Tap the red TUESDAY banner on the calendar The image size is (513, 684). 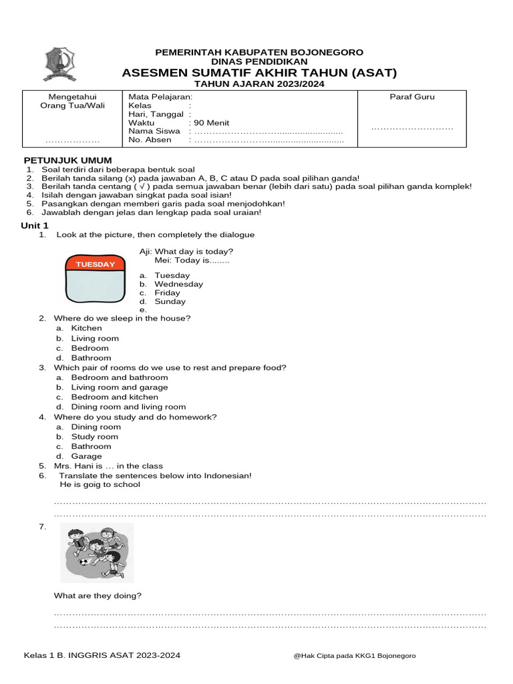click(95, 265)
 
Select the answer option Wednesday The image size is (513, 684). click(178, 284)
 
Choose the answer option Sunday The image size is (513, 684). click(170, 301)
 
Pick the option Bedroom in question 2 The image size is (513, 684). click(90, 348)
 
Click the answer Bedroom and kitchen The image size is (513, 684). click(114, 397)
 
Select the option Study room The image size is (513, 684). click(94, 437)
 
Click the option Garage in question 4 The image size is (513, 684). click(86, 456)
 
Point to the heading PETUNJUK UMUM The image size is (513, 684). click(68, 160)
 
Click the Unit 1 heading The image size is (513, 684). click(35, 226)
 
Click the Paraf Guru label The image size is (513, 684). click(412, 97)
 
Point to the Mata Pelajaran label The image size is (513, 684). click(160, 97)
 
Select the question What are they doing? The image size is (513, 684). click(98, 596)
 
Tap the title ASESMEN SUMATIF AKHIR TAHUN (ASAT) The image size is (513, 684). click(259, 73)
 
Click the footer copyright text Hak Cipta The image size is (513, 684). click(354, 656)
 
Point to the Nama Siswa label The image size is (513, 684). click(154, 132)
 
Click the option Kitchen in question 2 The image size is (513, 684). click(86, 329)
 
